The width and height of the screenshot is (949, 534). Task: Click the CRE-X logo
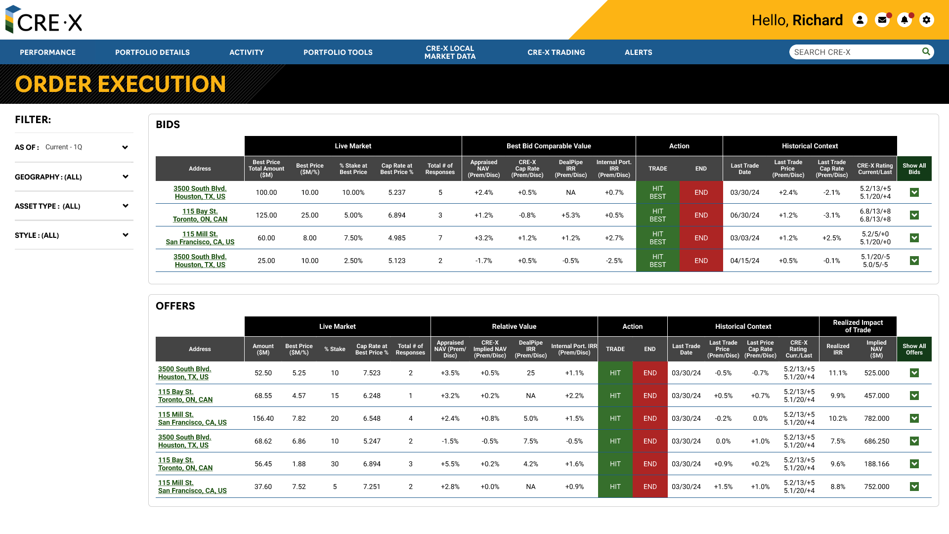43,20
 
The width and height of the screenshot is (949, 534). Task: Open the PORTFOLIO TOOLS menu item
338,52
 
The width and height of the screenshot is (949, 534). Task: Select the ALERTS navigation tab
638,52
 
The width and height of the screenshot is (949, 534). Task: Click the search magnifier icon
926,51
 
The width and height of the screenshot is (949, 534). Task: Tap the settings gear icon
926,20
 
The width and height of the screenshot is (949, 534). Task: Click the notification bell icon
904,20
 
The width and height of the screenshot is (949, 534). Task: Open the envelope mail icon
882,20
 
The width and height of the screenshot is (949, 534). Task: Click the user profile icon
860,20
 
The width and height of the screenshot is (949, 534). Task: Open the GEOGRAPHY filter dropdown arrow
125,177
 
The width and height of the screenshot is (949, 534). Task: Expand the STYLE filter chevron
125,235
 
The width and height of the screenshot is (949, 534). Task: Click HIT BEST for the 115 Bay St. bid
657,215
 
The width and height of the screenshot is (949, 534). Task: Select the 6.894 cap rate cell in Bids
396,215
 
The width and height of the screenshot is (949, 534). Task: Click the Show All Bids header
914,169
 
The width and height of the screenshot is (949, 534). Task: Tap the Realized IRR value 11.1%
838,373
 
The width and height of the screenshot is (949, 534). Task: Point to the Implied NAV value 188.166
876,464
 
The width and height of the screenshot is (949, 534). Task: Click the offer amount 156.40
263,418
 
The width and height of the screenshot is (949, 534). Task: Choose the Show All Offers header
914,349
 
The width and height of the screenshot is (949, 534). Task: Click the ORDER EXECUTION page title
121,84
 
